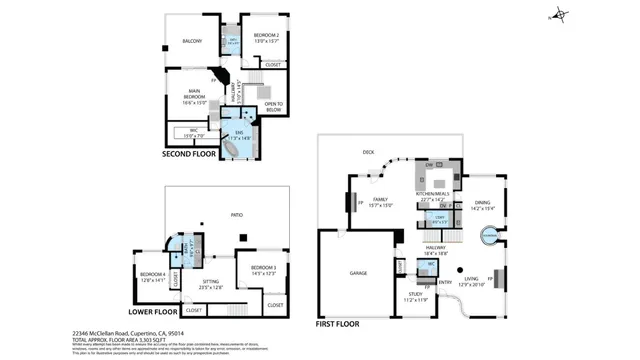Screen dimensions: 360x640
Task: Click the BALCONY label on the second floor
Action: [192, 41]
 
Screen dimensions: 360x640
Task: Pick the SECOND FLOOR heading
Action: [191, 155]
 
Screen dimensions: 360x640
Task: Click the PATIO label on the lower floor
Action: [237, 214]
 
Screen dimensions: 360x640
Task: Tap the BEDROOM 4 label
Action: [152, 275]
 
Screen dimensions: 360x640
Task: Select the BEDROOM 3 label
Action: [263, 268]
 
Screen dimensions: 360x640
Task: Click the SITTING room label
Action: [211, 284]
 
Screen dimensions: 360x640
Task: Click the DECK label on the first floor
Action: [368, 152]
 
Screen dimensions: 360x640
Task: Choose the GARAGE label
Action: [359, 272]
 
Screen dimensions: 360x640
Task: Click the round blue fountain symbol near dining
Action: [490, 236]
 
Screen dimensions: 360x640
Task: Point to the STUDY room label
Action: [415, 296]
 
